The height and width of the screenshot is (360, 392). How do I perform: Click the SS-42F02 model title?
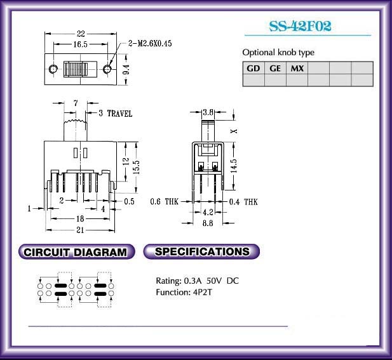300,26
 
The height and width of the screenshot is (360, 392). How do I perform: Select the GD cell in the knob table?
253,68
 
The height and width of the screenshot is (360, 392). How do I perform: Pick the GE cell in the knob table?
275,68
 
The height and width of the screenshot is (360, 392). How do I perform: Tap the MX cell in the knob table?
297,68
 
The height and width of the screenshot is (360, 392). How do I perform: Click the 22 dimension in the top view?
81,34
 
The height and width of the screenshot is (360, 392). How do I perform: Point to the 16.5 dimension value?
80,44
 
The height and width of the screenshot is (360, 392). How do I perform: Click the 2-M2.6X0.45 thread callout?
150,43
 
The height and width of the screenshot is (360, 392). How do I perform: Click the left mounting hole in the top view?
53,69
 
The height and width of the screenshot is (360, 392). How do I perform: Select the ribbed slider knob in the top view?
76,69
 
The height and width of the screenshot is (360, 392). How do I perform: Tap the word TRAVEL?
119,114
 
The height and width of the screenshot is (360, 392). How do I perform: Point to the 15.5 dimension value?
136,166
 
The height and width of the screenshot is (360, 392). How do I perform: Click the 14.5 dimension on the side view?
234,166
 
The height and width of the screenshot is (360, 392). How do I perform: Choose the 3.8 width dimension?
208,112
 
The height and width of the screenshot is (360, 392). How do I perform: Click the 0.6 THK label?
165,201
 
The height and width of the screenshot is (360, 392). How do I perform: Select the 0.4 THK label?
243,202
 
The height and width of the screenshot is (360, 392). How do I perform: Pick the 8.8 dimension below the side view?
208,223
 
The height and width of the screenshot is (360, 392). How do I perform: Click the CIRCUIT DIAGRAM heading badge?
76,251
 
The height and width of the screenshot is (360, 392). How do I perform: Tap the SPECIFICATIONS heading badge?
201,251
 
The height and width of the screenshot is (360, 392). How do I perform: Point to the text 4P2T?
202,292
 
